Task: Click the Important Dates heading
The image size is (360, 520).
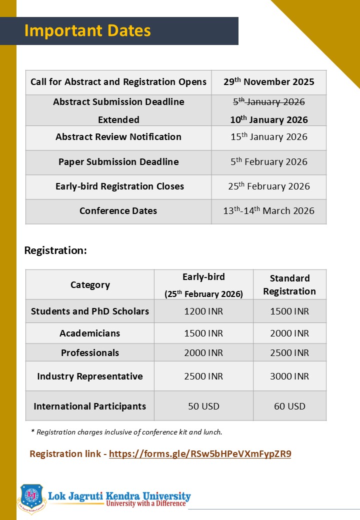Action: (x=87, y=30)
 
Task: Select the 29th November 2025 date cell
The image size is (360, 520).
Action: (x=268, y=81)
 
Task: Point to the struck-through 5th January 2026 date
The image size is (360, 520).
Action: (x=268, y=102)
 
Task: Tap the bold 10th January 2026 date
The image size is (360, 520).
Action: (x=268, y=119)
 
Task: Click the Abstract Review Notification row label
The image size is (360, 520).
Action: (x=118, y=137)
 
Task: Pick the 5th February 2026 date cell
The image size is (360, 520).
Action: (x=268, y=162)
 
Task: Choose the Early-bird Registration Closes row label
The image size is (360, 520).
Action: (x=119, y=186)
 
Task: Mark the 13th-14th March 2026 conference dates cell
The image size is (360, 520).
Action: (x=268, y=211)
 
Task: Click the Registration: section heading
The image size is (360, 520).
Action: (x=55, y=250)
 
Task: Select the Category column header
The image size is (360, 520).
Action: (x=90, y=285)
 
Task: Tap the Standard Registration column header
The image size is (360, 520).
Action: (x=289, y=284)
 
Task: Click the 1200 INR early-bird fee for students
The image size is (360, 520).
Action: (x=203, y=311)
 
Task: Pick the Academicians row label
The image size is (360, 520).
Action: (x=90, y=333)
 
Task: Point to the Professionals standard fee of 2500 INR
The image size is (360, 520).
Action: (x=289, y=353)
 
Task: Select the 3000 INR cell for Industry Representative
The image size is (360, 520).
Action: (x=289, y=376)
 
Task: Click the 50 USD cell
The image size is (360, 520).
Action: (x=203, y=406)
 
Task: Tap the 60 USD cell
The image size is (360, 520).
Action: (x=289, y=406)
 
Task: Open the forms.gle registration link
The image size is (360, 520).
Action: (x=200, y=454)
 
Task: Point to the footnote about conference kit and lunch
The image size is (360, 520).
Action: (x=126, y=432)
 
